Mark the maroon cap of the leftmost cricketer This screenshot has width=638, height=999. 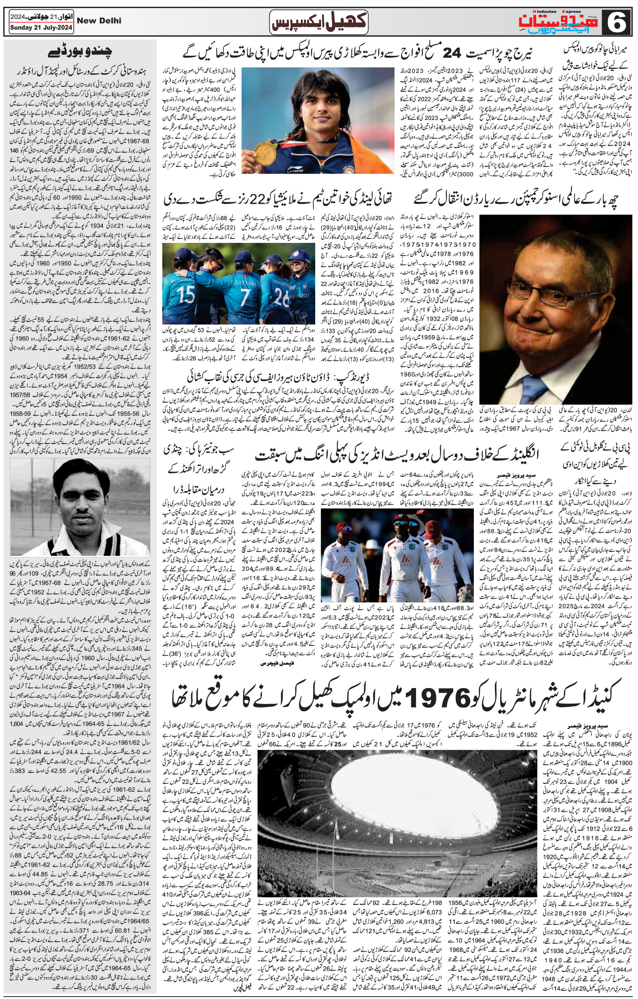tap(344, 528)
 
